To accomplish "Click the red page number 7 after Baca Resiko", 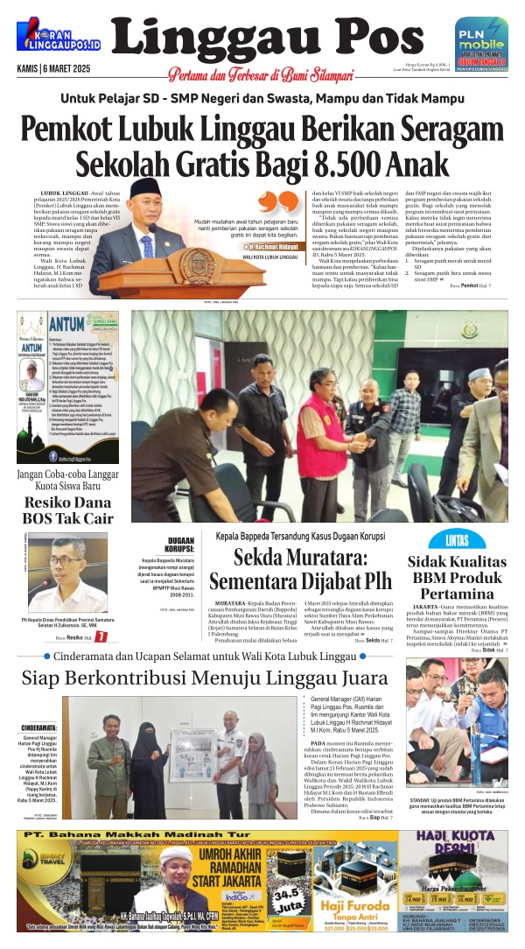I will click(101, 636).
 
